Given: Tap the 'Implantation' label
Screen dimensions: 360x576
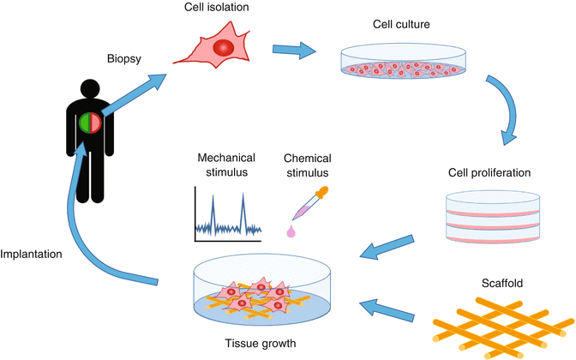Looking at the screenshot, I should [x=36, y=255].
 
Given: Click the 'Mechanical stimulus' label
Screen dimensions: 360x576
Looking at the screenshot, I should [x=227, y=165].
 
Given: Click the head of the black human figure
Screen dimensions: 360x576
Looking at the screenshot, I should [x=87, y=90].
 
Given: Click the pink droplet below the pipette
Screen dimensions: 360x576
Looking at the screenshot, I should [x=291, y=230].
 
